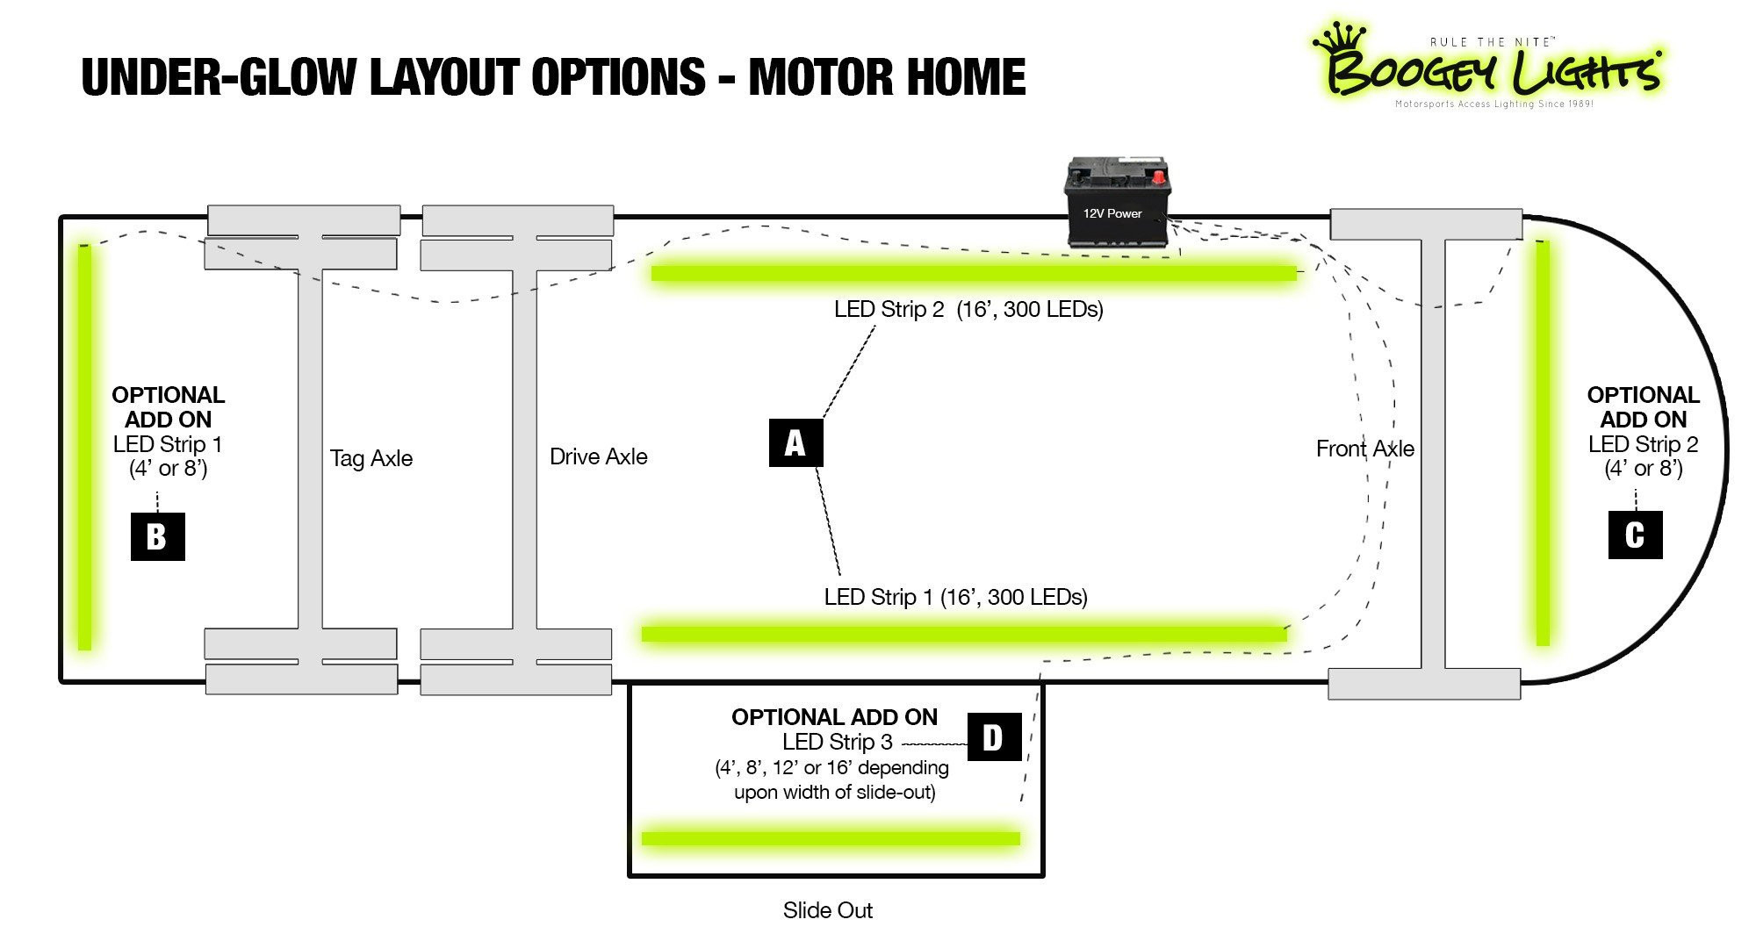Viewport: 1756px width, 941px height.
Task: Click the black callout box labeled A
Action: (795, 442)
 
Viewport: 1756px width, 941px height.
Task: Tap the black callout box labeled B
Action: (157, 535)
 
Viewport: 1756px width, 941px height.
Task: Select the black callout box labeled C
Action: (1635, 535)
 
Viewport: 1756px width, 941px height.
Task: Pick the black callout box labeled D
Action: (994, 736)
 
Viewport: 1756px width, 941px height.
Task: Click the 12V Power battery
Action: (1115, 204)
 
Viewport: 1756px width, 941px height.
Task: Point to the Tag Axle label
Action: (371, 458)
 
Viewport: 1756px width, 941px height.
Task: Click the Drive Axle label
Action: (598, 456)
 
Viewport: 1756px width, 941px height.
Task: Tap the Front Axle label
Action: (1364, 449)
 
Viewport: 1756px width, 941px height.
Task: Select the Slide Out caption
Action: (827, 910)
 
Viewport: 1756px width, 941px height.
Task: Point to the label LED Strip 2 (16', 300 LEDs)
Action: (968, 309)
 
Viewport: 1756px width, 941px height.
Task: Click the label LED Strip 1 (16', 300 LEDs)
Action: (955, 597)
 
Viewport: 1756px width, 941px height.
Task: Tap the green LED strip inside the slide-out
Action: (831, 838)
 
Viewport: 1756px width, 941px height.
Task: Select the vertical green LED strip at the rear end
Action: (85, 448)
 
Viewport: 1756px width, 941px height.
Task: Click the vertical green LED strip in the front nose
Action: (1543, 443)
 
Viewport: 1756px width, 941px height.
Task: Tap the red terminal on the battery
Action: (1159, 178)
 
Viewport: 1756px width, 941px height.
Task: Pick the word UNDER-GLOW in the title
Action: (219, 77)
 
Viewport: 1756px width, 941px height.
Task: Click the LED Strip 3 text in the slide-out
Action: (837, 742)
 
